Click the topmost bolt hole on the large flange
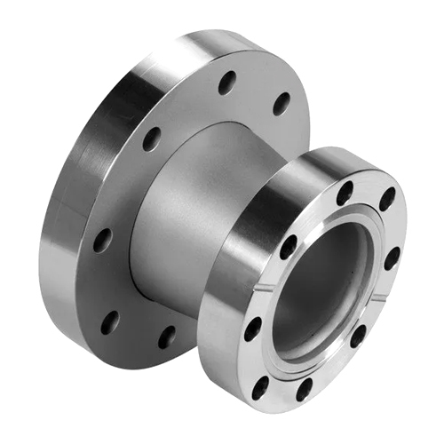click(x=227, y=83)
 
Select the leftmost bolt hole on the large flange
click(x=103, y=240)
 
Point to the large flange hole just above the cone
click(x=152, y=138)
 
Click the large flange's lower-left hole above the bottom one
click(x=109, y=321)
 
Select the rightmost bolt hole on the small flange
click(x=392, y=258)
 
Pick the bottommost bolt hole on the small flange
click(x=303, y=388)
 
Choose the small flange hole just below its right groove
click(x=358, y=335)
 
